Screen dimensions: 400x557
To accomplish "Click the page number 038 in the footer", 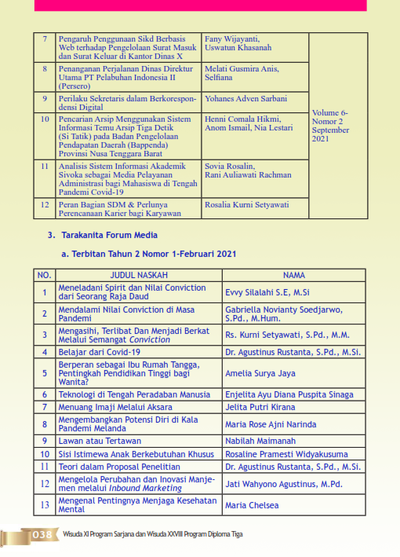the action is click(x=42, y=536).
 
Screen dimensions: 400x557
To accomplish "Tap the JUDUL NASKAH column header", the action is click(x=139, y=276).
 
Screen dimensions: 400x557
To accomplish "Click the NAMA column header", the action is click(x=293, y=276).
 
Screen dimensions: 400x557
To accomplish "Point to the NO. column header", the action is click(x=45, y=276).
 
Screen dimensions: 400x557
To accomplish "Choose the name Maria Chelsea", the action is click(x=252, y=505).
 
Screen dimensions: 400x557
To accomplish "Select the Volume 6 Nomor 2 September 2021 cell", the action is click(x=330, y=126).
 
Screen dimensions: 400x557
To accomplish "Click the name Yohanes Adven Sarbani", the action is click(x=245, y=100).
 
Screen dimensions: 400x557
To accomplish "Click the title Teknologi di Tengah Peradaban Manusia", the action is click(x=134, y=394).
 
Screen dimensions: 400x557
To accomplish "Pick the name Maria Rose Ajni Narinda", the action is click(x=270, y=424).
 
